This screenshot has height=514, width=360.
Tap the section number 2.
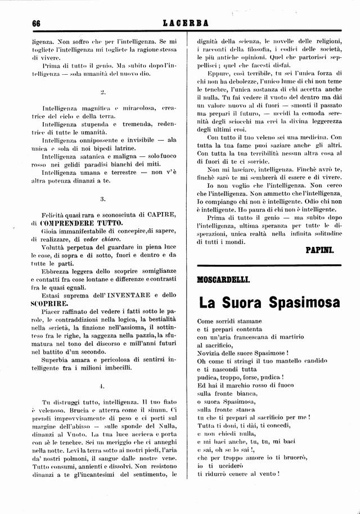tap(102, 92)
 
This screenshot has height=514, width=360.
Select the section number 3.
tap(102, 199)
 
